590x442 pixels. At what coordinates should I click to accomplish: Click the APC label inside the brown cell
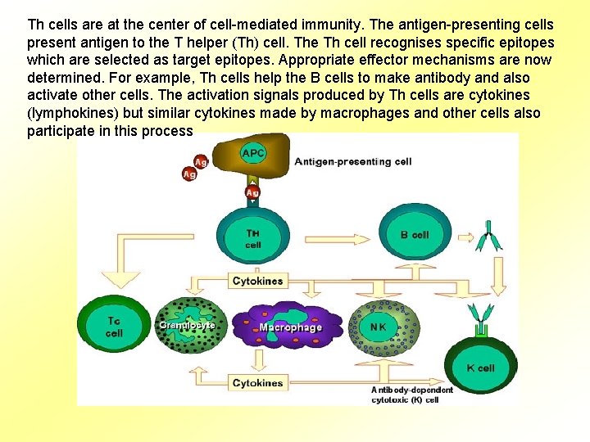pos(253,153)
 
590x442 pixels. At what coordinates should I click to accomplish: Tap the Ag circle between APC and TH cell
pos(252,193)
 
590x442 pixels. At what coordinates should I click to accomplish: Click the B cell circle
pos(415,234)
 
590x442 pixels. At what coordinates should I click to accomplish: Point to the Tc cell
pos(114,327)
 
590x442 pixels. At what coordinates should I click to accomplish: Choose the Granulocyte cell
pos(187,326)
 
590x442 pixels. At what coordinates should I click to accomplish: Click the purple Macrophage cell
pos(289,327)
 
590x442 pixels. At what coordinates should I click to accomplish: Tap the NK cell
pos(378,327)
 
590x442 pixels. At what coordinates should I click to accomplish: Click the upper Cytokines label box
pos(257,281)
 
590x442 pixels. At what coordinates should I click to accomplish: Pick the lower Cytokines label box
pos(257,383)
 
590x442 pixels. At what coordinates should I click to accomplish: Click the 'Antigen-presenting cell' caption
pos(352,162)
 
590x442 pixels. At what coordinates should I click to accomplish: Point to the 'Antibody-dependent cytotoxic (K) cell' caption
pos(411,395)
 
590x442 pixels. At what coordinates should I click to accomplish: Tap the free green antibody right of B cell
pos(493,236)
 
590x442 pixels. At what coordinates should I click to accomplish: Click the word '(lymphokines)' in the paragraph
pos(70,114)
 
